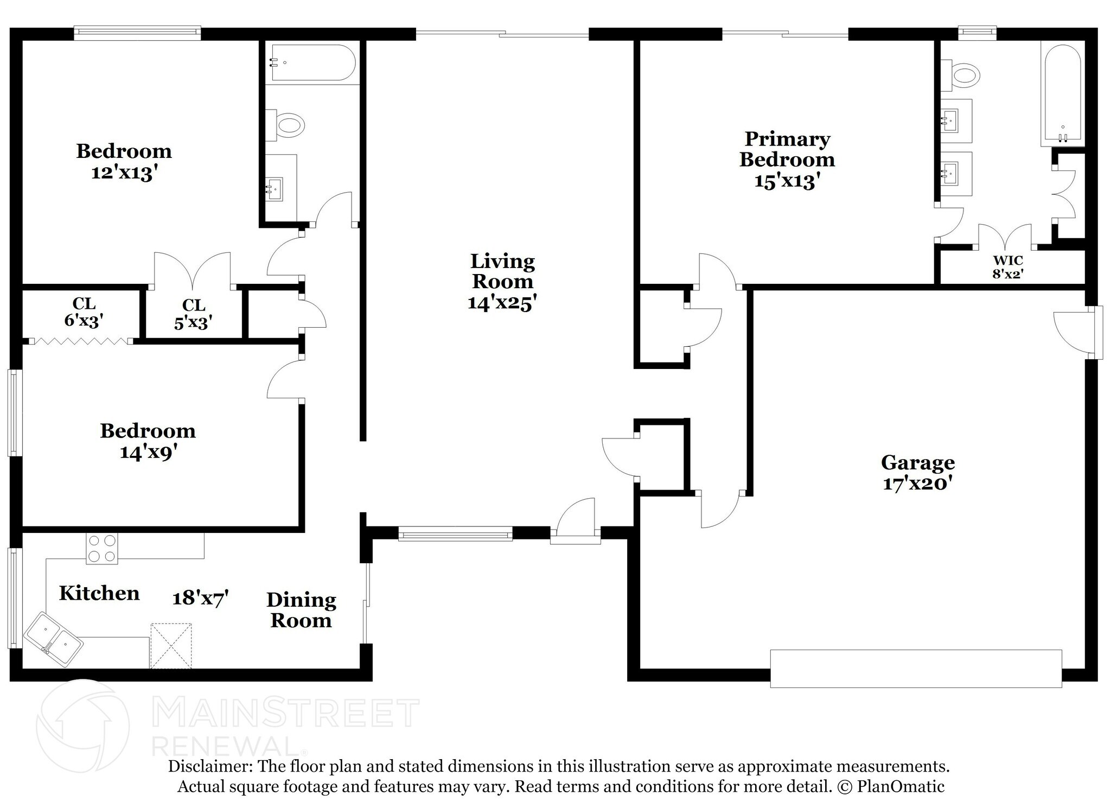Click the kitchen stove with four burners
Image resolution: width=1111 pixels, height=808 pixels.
(x=102, y=548)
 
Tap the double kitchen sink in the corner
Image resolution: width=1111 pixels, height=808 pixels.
(x=54, y=640)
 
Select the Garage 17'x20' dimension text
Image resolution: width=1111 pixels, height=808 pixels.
(x=918, y=483)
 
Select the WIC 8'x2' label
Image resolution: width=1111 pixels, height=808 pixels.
(x=1007, y=268)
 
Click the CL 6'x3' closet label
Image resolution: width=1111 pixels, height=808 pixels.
(x=84, y=312)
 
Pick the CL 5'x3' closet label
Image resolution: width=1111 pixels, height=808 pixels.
(x=193, y=314)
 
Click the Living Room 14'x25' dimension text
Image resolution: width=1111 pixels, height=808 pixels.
(x=502, y=303)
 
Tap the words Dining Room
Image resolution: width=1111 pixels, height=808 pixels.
(x=301, y=610)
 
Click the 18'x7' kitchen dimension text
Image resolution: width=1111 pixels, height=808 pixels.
(x=200, y=598)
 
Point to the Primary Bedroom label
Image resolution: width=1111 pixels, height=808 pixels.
(x=787, y=149)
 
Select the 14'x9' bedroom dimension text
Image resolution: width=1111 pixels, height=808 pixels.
(x=149, y=451)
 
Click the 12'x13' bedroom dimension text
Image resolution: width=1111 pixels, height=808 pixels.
(x=124, y=173)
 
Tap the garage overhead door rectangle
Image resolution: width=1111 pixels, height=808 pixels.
(x=916, y=669)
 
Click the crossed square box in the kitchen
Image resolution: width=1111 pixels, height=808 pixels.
(x=171, y=646)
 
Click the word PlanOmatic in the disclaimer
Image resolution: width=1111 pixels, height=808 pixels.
(x=901, y=787)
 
